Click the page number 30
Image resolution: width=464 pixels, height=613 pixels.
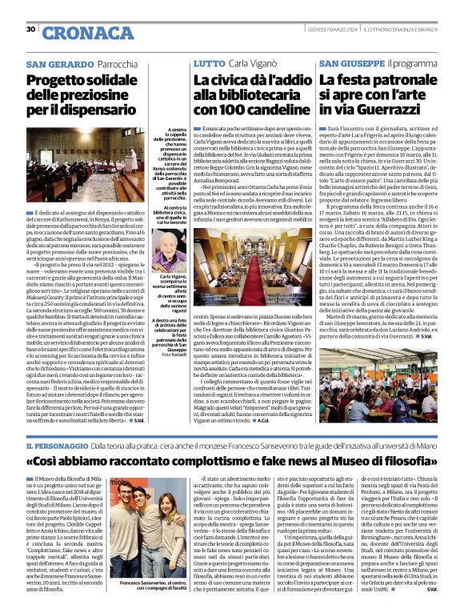31,30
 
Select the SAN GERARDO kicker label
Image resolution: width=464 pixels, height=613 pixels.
59,63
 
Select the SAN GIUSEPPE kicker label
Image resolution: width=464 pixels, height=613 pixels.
351,63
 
